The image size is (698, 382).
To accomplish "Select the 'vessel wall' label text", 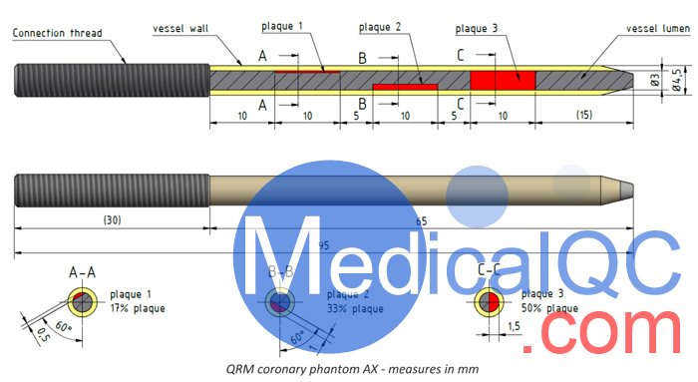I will click(x=178, y=28).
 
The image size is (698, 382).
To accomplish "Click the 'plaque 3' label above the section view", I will click(x=476, y=29).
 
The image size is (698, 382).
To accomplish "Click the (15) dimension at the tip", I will click(x=584, y=117).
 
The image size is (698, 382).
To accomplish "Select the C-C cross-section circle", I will click(x=489, y=300).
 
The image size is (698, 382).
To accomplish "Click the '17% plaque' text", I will click(x=139, y=309).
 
